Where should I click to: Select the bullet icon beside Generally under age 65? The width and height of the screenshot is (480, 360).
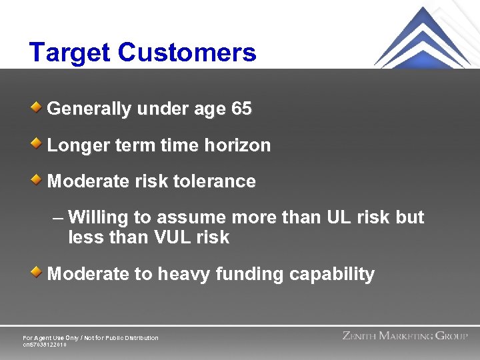39,107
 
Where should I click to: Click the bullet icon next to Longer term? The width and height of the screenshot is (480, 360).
39,143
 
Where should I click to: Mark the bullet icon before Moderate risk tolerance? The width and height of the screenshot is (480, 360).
39,179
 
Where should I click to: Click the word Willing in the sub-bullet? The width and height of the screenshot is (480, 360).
95,218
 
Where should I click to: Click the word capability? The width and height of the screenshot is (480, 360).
333,274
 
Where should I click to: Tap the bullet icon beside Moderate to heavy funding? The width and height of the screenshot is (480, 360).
39,271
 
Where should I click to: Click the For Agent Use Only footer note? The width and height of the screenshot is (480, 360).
91,338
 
